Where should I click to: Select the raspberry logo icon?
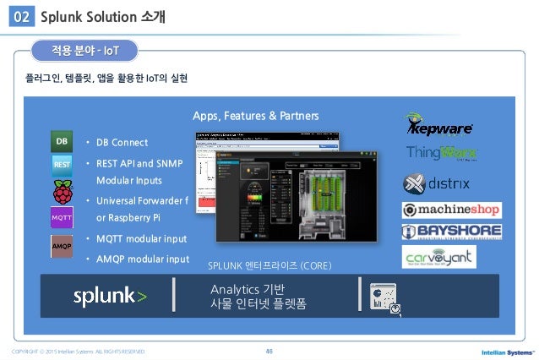tap(63, 191)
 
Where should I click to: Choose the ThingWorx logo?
tap(441, 155)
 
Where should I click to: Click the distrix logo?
tap(438, 183)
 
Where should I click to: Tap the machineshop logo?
tap(450, 210)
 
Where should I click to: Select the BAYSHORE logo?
tap(450, 232)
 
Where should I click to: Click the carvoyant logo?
tap(438, 257)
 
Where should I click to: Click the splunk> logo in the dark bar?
tap(110, 297)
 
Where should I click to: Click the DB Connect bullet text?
tap(122, 142)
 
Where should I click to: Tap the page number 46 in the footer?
tap(269, 349)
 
